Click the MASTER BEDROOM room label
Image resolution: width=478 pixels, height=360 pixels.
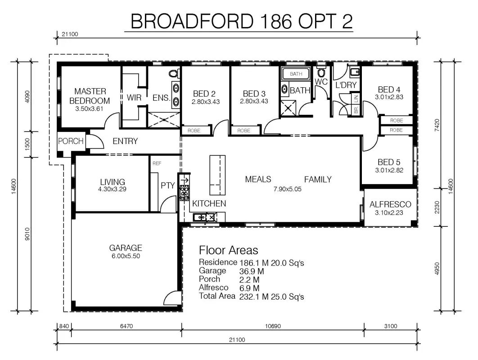(x=90, y=96)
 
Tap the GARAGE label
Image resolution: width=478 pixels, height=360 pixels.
(x=126, y=248)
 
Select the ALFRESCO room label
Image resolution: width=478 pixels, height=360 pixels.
(x=390, y=204)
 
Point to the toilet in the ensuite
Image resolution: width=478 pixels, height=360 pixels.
(x=174, y=73)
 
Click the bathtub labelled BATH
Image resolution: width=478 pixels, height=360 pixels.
(x=296, y=74)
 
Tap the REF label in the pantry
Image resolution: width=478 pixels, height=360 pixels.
(x=157, y=163)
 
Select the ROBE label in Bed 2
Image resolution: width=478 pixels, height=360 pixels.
(x=194, y=130)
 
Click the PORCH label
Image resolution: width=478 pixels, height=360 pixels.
(x=71, y=141)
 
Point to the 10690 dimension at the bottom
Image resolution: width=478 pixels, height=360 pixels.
(x=273, y=326)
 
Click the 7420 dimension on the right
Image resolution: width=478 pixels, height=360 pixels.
(x=437, y=125)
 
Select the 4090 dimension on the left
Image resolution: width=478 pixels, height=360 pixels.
(x=27, y=97)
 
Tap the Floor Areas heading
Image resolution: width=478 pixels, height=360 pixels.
(x=228, y=250)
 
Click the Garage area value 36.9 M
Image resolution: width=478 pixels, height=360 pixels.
(x=252, y=271)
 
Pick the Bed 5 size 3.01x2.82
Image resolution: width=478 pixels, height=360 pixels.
(x=389, y=170)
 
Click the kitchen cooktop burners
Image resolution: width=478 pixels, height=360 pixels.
(x=185, y=193)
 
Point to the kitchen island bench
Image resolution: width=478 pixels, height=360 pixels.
(x=217, y=175)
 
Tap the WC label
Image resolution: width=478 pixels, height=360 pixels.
(x=321, y=82)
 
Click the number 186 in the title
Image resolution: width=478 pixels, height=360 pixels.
(x=276, y=21)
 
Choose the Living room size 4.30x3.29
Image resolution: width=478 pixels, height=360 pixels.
(x=112, y=189)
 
